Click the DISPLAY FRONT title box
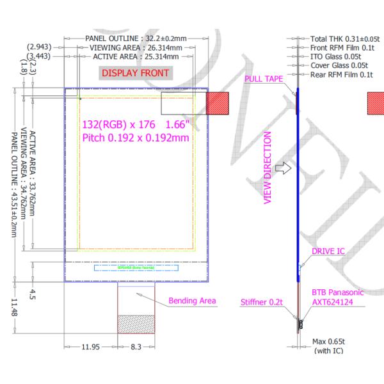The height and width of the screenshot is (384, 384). click(x=135, y=73)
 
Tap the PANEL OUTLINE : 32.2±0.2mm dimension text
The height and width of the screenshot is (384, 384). click(x=136, y=38)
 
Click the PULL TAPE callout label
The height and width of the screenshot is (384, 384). click(x=264, y=79)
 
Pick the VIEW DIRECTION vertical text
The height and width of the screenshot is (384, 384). click(x=268, y=168)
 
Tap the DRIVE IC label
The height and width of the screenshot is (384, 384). click(x=328, y=251)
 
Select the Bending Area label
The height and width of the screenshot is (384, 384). click(x=192, y=301)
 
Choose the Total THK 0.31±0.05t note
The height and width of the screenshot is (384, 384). click(x=344, y=39)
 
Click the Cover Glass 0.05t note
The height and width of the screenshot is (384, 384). click(x=339, y=65)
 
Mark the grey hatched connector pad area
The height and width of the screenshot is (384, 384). click(x=136, y=323)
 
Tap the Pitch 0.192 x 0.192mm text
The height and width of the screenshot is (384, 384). click(x=136, y=137)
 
